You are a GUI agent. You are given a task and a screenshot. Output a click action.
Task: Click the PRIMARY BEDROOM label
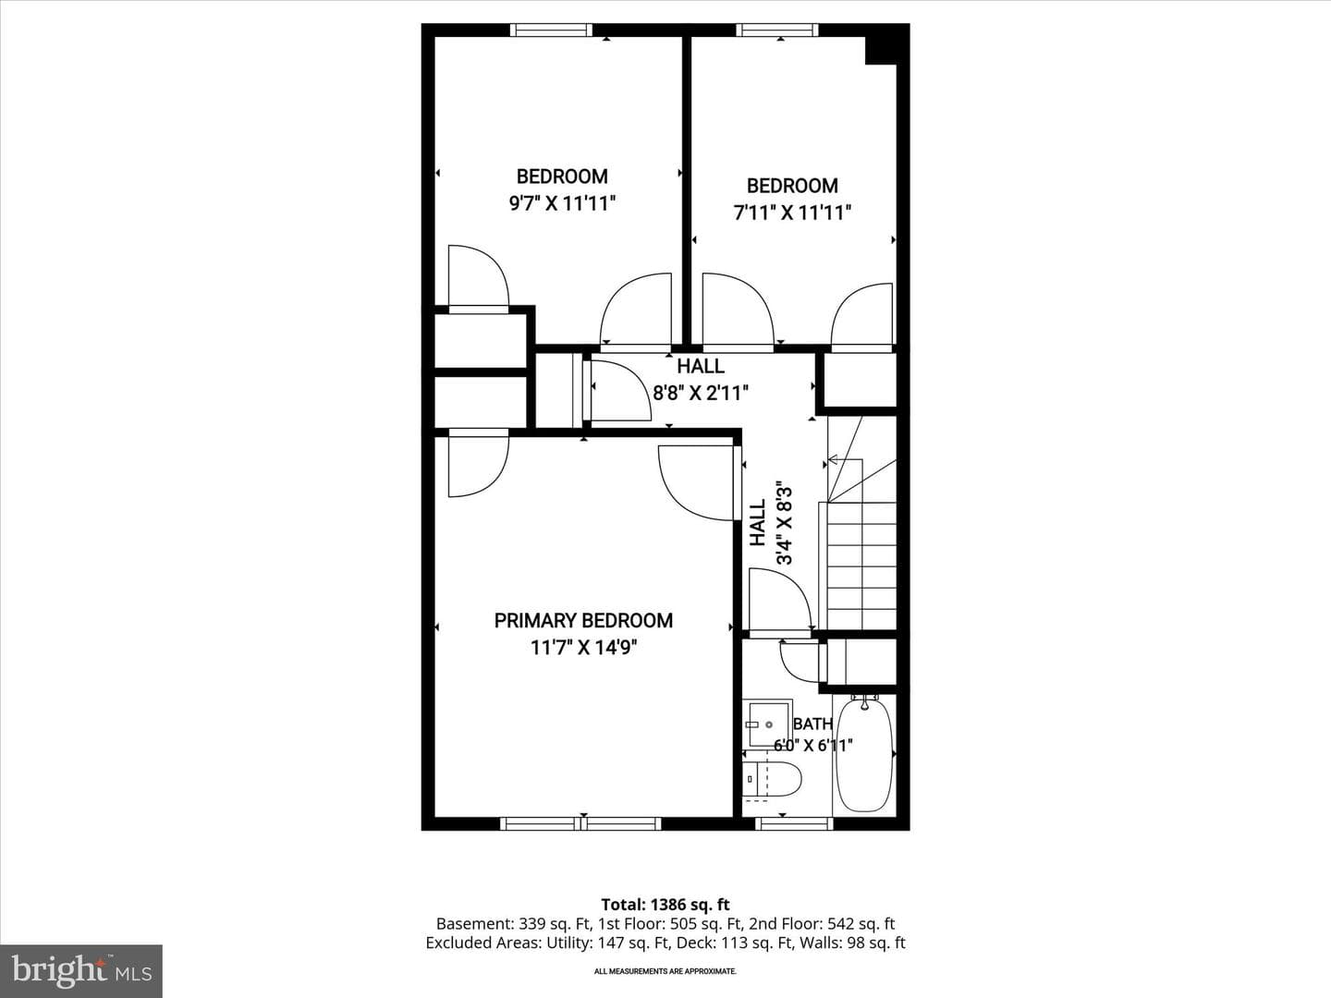coord(583,620)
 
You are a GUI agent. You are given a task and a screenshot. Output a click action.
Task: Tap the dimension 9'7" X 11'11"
coord(562,203)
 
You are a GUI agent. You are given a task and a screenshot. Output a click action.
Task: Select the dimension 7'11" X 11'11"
coord(792,213)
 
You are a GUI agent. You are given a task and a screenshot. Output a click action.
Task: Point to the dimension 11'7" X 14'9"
coord(583,648)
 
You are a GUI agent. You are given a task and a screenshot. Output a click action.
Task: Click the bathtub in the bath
coord(864,754)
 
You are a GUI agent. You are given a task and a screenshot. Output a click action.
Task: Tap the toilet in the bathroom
coord(771,779)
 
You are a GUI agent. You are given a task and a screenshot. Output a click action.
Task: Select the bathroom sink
coord(768,724)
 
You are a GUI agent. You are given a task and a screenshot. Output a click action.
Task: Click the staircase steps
coord(861,566)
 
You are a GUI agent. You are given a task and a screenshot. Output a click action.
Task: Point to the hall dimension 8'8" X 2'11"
coord(701,394)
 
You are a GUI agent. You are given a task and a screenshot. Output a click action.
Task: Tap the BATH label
coord(812,724)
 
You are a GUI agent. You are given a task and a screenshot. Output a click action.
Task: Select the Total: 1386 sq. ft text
coord(665,905)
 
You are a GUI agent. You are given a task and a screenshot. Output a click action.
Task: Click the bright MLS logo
coord(81,970)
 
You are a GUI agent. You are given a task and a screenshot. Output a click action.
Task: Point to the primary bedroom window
coord(580,823)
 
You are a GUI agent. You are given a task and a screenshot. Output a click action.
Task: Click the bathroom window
coord(794,823)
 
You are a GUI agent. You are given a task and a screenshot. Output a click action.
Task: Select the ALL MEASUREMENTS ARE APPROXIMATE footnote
coord(665,971)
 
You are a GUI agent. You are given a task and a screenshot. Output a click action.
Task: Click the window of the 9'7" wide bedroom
coord(551,30)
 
